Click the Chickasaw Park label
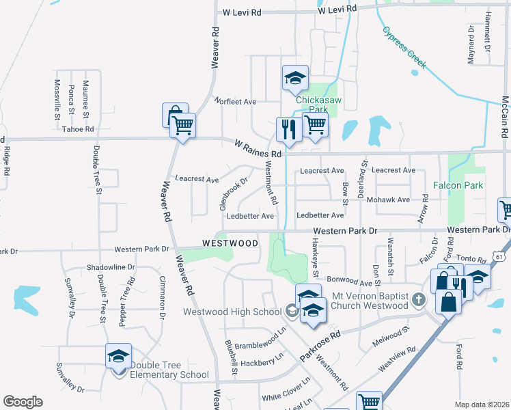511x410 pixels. [312, 104]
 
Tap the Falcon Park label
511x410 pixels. [458, 185]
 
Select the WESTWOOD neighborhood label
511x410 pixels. [230, 243]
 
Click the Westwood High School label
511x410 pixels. [232, 312]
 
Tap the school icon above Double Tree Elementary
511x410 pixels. [118, 356]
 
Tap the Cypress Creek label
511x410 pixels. [404, 47]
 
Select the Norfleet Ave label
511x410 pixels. [235, 101]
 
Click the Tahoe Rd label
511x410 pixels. [77, 128]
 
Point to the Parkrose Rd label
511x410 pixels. [319, 347]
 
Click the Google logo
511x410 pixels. [23, 402]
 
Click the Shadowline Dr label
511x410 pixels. [111, 267]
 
